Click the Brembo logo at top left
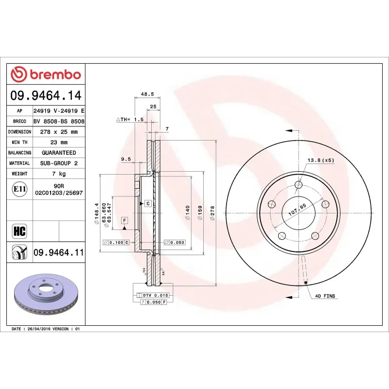[46, 74]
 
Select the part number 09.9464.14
[46, 95]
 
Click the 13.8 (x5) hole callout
[320, 160]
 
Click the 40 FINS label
[325, 296]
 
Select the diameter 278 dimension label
[212, 213]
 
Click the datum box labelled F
[124, 221]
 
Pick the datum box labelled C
[147, 202]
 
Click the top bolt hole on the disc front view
[298, 185]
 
